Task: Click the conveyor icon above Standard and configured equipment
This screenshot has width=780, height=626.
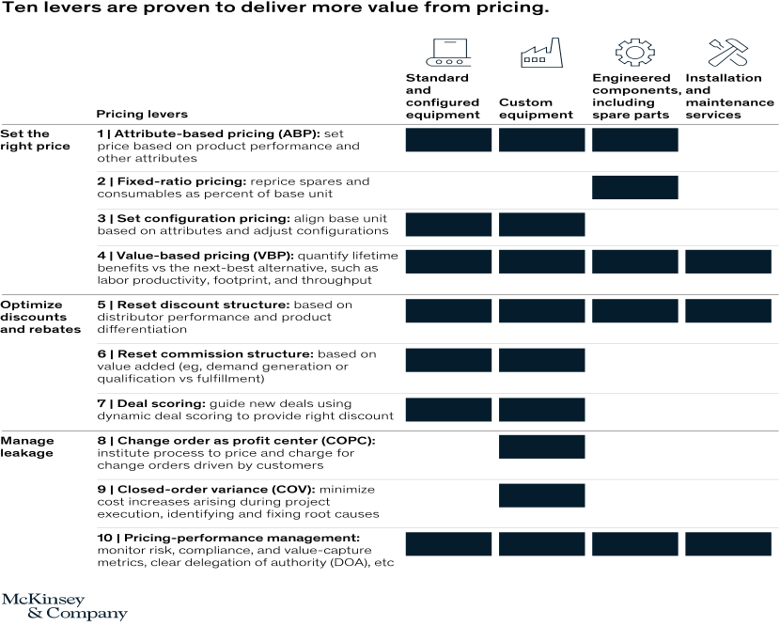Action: (447, 53)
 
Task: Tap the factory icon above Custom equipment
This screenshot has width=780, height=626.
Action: (541, 53)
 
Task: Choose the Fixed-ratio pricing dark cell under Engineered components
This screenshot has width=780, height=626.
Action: (634, 187)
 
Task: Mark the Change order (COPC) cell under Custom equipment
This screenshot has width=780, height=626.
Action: (541, 446)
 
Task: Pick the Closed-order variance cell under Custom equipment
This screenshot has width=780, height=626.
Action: (541, 495)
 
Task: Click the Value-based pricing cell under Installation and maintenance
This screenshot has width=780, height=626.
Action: (728, 262)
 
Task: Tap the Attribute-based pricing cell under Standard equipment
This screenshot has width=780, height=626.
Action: (448, 140)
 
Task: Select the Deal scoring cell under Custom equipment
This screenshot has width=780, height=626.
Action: (541, 410)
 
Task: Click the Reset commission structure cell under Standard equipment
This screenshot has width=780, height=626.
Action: (448, 360)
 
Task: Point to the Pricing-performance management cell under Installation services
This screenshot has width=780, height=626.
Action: (728, 544)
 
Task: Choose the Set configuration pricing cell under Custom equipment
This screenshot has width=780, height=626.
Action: (541, 224)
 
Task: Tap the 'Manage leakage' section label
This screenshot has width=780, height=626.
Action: (27, 446)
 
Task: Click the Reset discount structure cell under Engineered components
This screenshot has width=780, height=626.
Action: (634, 311)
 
